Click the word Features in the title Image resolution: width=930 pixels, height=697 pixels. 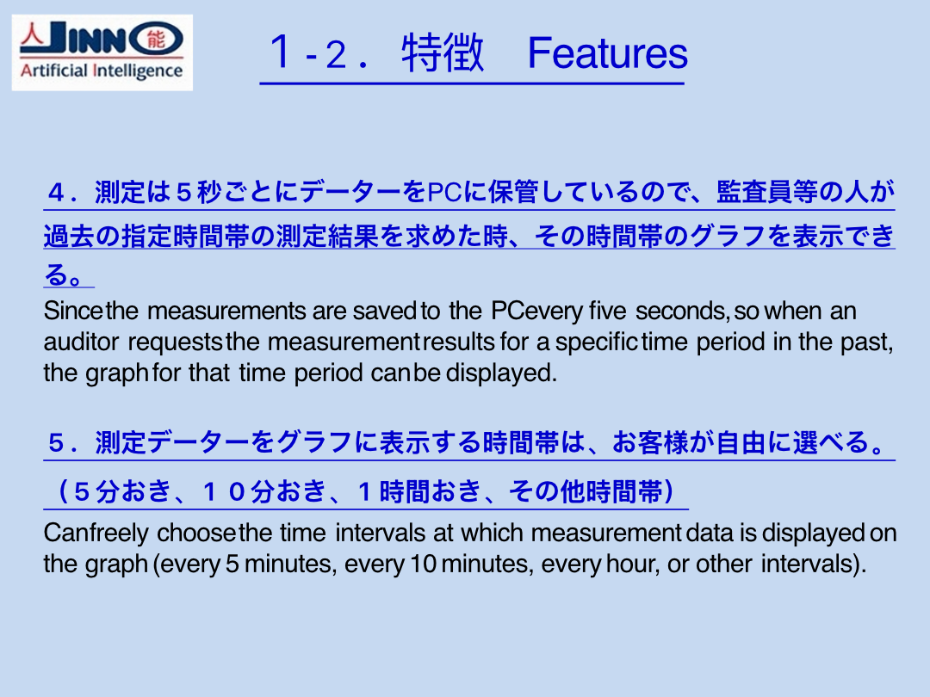[x=607, y=53]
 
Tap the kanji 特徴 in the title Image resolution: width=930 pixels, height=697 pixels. [x=443, y=52]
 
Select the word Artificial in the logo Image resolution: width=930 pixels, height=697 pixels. [x=54, y=71]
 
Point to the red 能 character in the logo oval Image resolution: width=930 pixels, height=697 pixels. [x=156, y=39]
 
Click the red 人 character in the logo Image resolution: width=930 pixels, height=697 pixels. [x=32, y=35]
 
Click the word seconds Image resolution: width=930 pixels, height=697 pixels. [x=683, y=311]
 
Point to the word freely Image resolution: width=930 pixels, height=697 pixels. [x=115, y=534]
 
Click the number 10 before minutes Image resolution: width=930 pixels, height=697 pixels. [x=424, y=564]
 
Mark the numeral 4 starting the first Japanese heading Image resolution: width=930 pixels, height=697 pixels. [x=56, y=193]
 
